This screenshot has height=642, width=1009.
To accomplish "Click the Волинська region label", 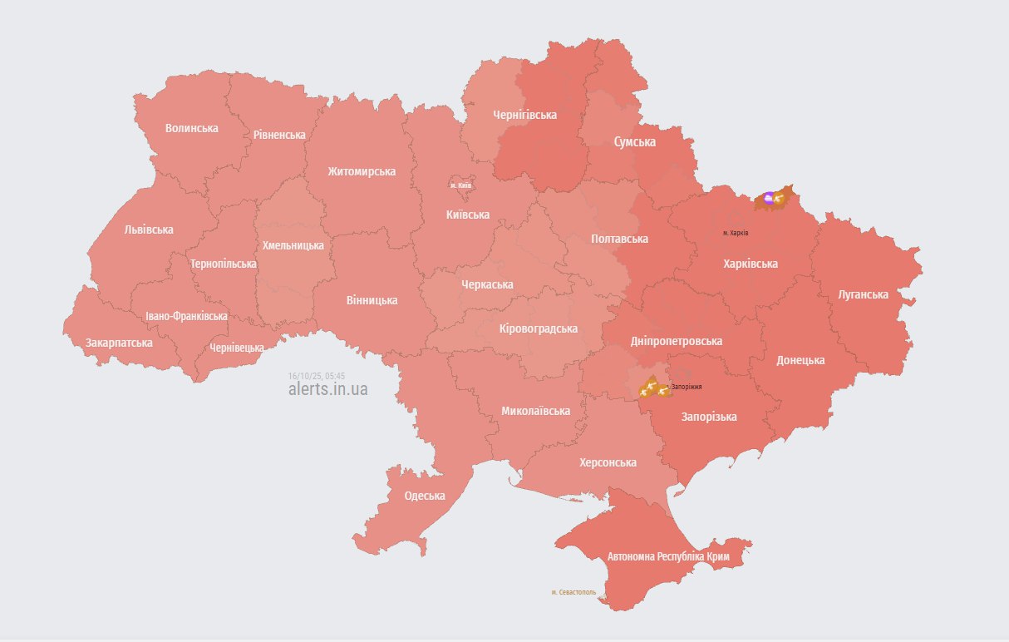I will tap(191, 128).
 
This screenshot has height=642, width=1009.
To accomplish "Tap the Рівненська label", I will tap(279, 135).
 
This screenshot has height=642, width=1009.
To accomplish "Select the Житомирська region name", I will tap(362, 171).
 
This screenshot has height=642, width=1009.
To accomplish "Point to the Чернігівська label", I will tap(524, 115).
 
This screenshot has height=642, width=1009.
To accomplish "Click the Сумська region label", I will tap(634, 142).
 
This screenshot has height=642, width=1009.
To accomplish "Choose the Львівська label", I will tap(149, 230).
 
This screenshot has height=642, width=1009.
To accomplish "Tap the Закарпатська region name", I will tap(119, 343).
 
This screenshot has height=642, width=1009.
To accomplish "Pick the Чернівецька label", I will tap(237, 348).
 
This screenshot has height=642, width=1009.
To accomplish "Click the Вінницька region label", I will tap(372, 300).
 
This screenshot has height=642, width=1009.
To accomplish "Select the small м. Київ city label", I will tap(460, 185).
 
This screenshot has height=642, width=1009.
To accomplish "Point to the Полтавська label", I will tap(619, 239).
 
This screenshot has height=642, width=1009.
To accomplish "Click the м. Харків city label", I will tap(736, 233).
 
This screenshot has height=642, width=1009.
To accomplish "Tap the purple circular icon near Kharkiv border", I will tap(769, 198).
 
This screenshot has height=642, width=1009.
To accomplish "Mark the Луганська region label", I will tap(863, 294).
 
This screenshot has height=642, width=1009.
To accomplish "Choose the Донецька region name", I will tap(800, 360).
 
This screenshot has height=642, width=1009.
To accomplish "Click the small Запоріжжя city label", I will tap(687, 387).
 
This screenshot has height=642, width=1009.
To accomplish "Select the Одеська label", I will tap(424, 496).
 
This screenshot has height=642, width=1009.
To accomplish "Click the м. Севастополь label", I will tap(573, 592).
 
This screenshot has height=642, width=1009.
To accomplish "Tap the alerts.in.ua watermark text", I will tap(327, 388).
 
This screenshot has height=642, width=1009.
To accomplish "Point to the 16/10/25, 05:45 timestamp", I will tap(316, 376).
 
